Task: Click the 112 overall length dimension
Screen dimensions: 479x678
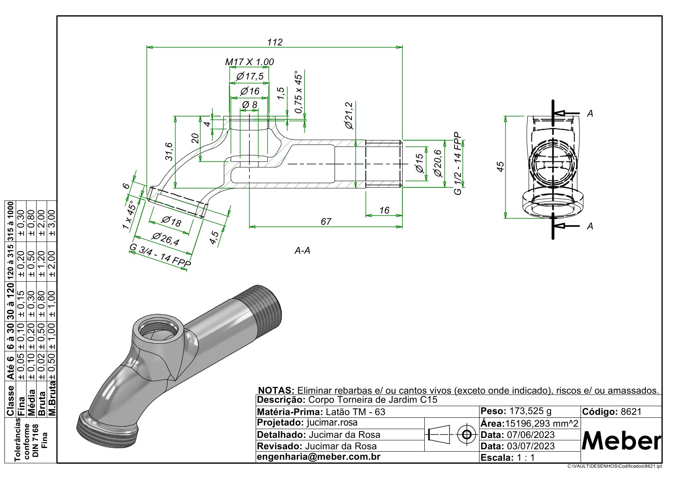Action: (275, 42)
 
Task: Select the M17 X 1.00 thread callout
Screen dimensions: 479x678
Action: (249, 62)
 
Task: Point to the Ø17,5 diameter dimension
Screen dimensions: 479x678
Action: (250, 76)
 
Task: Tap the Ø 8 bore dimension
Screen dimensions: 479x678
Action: (250, 105)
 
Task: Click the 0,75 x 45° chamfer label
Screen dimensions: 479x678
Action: (298, 93)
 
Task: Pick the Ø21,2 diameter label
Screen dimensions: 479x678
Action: (349, 116)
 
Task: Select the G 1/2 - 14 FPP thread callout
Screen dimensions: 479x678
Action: (458, 163)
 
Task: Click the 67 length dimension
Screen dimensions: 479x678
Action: (326, 222)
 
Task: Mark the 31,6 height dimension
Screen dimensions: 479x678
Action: (169, 152)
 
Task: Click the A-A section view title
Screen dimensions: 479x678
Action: (302, 251)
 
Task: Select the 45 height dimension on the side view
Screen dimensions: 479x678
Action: (500, 167)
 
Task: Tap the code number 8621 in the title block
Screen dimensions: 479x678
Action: (631, 412)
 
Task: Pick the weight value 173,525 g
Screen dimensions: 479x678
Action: (530, 411)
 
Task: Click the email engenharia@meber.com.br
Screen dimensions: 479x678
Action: (318, 457)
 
